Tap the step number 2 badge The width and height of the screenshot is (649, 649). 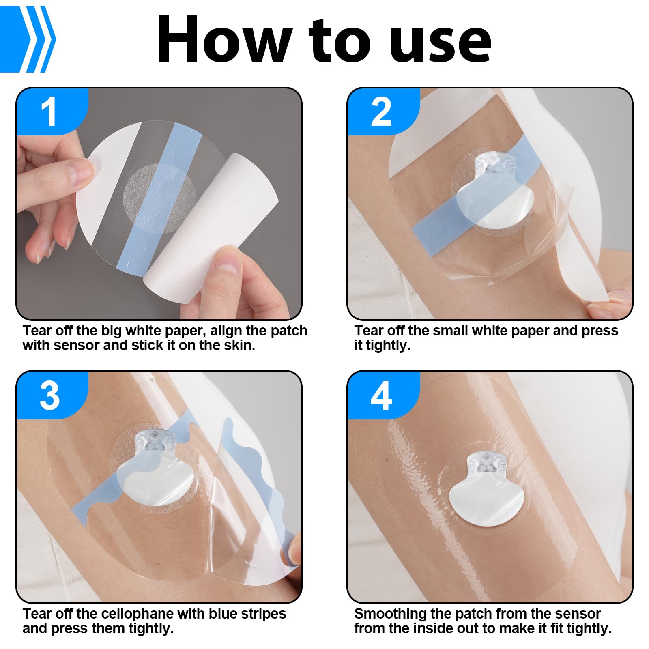(x=381, y=112)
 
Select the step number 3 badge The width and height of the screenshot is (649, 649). (x=49, y=395)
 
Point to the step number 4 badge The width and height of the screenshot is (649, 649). (x=381, y=395)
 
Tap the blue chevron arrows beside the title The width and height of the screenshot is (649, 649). (x=28, y=39)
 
